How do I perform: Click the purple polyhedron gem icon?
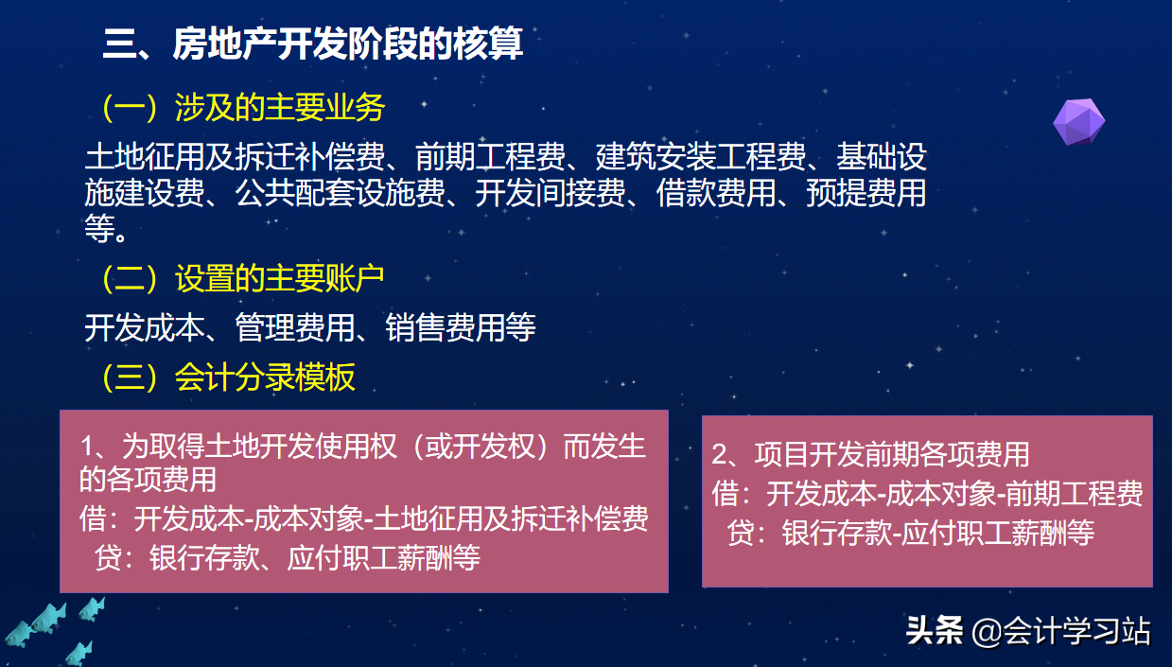coord(1078,120)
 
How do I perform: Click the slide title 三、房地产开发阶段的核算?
coord(313,44)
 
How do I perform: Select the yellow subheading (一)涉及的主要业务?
coord(244,108)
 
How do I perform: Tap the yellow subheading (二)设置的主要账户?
coord(243,278)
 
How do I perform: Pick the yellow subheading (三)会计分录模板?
coord(229,377)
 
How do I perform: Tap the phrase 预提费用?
coord(866,193)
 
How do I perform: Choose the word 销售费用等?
coord(461,327)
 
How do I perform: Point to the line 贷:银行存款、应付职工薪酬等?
coord(288,557)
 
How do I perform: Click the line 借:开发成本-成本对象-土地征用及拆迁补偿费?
coord(364,519)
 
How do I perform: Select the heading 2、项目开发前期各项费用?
coord(870,454)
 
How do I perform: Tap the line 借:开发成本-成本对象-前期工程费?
coord(927,493)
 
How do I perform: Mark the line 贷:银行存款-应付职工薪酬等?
coord(911,533)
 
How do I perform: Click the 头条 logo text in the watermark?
coord(935,631)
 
